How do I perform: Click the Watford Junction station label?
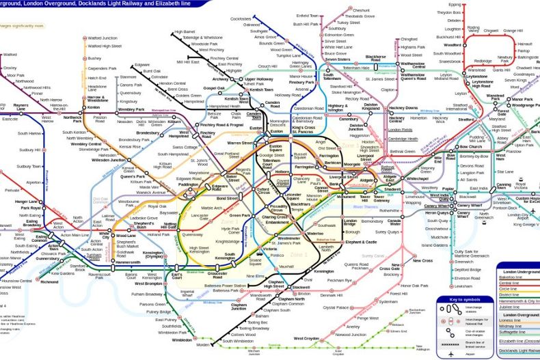pyautogui.click(x=103, y=38)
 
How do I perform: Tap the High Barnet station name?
pyautogui.click(x=185, y=31)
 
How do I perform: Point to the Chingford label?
pyautogui.click(x=409, y=39)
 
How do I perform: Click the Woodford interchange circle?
pyautogui.click(x=467, y=45)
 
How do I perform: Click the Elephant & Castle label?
pyautogui.click(x=361, y=242)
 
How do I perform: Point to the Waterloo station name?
pyautogui.click(x=315, y=234)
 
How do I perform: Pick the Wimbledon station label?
pyautogui.click(x=182, y=340)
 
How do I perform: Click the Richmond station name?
pyautogui.click(x=50, y=281)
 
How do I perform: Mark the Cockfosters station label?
pyautogui.click(x=241, y=18)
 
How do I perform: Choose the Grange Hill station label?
pyautogui.click(x=513, y=31)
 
